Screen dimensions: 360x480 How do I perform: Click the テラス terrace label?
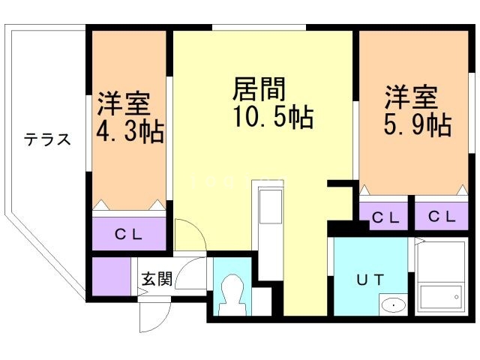click(47, 139)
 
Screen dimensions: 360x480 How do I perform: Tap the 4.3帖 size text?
click(130, 133)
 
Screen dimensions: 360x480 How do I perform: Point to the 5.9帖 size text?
click(417, 124)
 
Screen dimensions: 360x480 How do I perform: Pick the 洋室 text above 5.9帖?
click(411, 97)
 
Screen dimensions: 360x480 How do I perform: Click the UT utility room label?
click(370, 280)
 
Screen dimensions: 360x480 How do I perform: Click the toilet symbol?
click(232, 295)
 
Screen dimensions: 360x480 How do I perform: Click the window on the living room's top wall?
click(259, 28)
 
